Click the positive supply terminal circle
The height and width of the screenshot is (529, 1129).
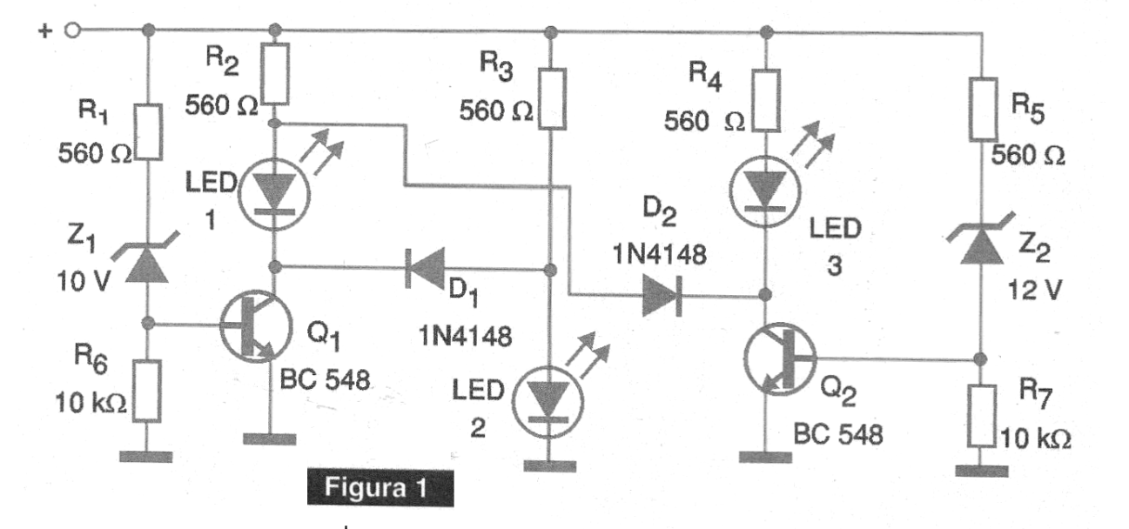pos(72,31)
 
